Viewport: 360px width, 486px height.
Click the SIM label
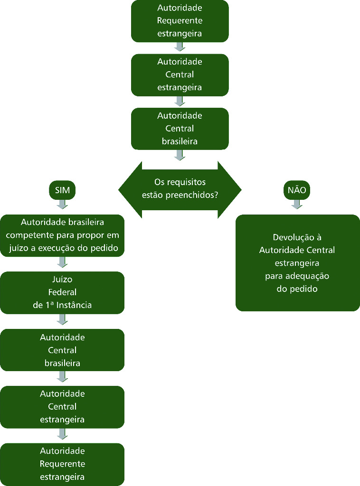pos(62,191)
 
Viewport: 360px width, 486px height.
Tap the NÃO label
pos(297,191)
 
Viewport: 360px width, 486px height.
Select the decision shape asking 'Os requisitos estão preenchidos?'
pos(180,189)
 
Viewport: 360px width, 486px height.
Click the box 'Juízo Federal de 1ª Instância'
pos(62,292)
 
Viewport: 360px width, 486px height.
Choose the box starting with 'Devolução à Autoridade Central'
pos(297,263)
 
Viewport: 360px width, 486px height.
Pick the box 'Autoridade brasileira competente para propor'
pos(62,235)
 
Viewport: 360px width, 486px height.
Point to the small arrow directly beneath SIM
pos(62,204)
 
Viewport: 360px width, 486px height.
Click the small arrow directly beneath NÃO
pos(297,204)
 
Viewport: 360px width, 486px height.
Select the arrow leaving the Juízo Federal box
pos(62,319)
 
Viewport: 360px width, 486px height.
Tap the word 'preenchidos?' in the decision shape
pos(196,195)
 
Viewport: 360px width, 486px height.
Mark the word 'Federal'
pos(62,292)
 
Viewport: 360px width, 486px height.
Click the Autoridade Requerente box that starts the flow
pos(180,21)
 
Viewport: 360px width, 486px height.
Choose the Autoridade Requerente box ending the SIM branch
pos(62,464)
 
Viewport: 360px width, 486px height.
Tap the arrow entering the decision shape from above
pos(180,155)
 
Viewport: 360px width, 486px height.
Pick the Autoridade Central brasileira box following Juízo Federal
pos(62,350)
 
